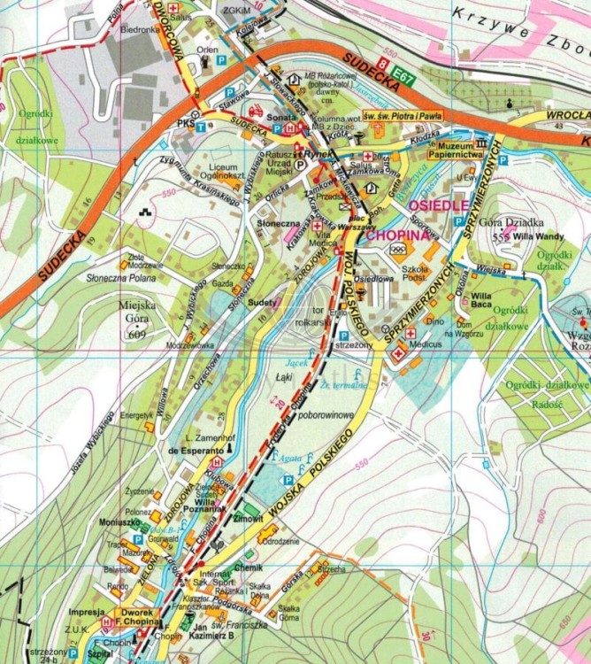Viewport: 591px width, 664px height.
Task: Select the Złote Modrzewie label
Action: [147, 263]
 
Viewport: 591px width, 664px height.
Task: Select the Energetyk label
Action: [136, 414]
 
